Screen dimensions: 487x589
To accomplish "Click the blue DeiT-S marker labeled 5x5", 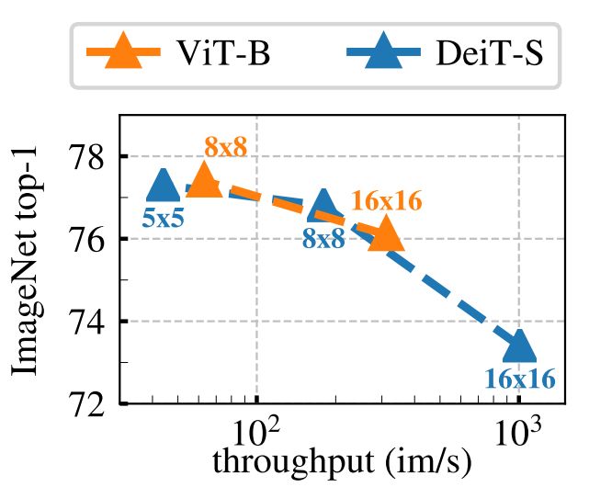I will [164, 187].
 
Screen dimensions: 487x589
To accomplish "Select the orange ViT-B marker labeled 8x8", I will [204, 181].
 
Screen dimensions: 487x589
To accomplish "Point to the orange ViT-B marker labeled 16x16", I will [385, 235].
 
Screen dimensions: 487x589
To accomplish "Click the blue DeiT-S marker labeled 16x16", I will [519, 346].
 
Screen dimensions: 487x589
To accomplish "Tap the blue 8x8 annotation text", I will [323, 240].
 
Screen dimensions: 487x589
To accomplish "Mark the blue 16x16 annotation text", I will [520, 379].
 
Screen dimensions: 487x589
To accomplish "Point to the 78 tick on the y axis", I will [89, 156].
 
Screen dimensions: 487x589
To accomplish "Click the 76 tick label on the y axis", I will [89, 239].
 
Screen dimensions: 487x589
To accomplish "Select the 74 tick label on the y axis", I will [89, 322].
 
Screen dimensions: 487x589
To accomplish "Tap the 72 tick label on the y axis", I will [89, 404].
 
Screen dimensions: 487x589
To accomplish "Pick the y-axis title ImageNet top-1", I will [27, 260].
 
